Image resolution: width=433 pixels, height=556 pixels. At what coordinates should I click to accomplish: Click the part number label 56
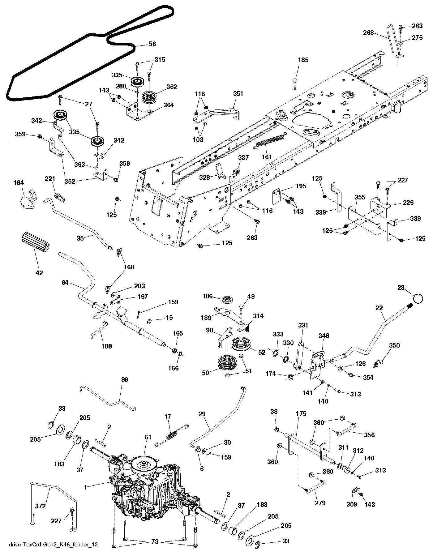click(x=152, y=44)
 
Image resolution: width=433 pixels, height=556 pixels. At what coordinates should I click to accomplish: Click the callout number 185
click(x=303, y=60)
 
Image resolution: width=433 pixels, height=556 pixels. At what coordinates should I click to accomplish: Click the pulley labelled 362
click(x=150, y=98)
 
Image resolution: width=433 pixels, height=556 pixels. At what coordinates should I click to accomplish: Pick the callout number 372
click(x=41, y=506)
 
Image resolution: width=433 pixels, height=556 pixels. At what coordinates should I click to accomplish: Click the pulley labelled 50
click(x=227, y=362)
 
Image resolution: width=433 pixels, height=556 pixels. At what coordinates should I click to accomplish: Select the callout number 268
click(x=368, y=33)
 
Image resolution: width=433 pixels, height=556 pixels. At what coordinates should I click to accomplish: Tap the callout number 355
click(x=360, y=197)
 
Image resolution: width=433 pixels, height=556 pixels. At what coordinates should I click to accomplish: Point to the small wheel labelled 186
click(x=228, y=300)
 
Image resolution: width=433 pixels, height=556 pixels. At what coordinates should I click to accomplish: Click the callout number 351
click(x=238, y=94)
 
